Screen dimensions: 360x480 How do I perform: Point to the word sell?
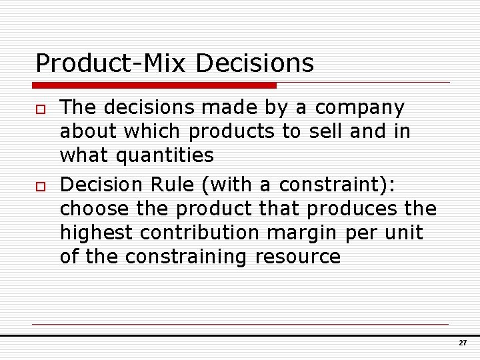click(326, 131)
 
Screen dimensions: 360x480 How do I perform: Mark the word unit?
click(405, 233)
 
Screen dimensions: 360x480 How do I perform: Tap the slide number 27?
click(462, 343)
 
